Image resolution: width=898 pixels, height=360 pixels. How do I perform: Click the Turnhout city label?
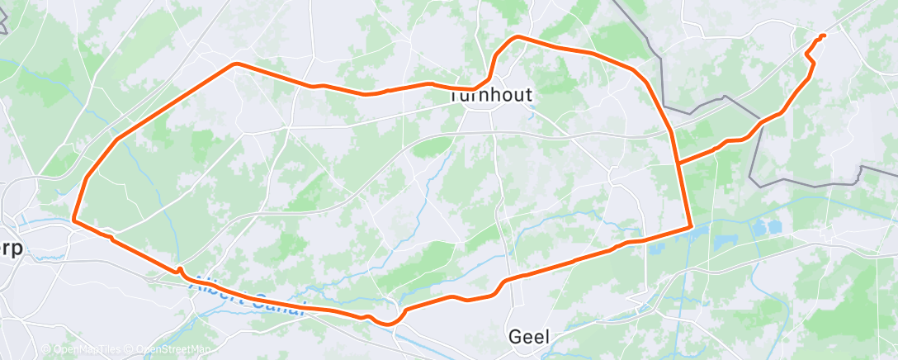click(491, 95)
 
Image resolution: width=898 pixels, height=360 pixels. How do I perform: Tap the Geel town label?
click(529, 336)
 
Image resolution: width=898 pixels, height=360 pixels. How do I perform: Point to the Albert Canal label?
click(248, 296)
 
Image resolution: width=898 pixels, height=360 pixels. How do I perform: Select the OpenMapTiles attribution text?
click(79, 350)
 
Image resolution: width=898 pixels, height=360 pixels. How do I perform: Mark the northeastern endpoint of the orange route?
click(824, 35)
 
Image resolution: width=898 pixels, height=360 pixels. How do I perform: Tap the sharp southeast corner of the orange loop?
click(689, 226)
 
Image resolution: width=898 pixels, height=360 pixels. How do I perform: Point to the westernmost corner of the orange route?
click(73, 220)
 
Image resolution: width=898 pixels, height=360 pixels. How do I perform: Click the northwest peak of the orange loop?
click(236, 64)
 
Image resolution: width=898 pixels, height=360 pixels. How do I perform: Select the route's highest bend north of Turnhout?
click(518, 37)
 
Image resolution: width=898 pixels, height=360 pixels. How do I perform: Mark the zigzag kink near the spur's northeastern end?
click(810, 56)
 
